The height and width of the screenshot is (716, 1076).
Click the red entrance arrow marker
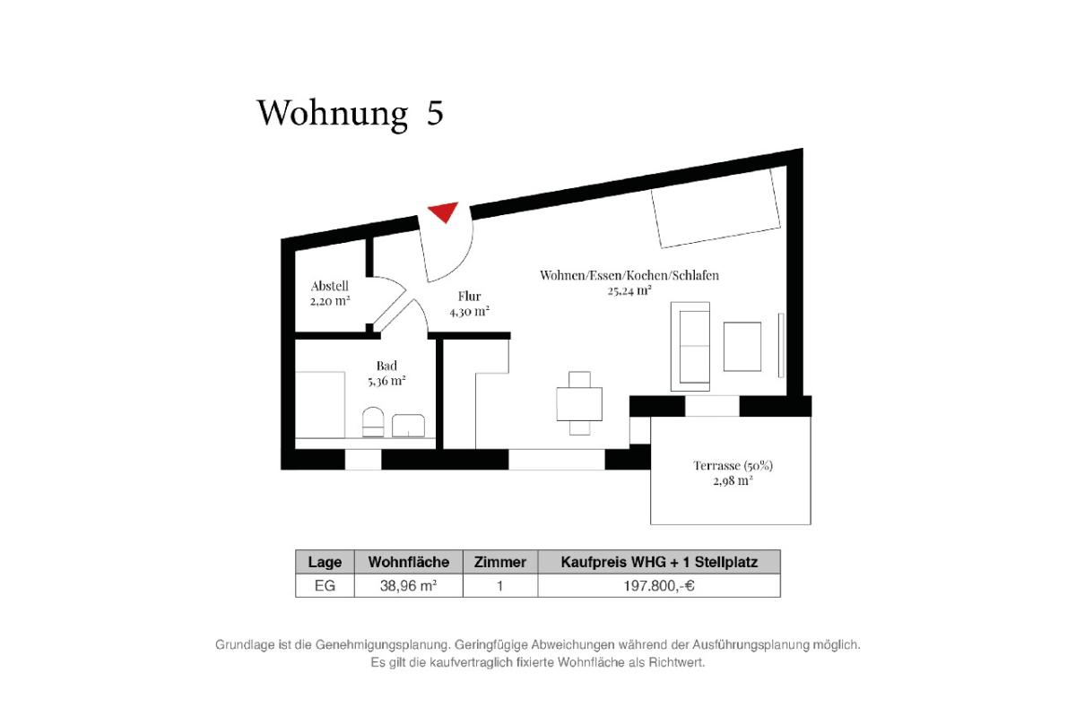point(444,211)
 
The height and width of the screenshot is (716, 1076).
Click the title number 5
point(435,113)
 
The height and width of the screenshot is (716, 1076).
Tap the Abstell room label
point(330,286)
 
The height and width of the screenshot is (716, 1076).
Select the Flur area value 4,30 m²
point(469,312)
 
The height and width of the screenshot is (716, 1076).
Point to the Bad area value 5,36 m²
point(386,381)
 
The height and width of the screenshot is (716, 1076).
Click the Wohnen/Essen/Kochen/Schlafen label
point(629,275)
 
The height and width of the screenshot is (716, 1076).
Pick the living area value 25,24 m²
point(629,290)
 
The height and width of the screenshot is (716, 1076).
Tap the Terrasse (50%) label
point(733,465)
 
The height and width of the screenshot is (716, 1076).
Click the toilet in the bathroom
point(373,422)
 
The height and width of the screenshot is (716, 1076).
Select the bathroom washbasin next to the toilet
point(408,426)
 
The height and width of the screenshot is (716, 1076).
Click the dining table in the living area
point(579,404)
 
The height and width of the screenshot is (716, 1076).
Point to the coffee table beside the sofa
point(742,346)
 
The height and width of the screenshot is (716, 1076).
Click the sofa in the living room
point(690,346)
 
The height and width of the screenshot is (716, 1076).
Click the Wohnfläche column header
point(409,562)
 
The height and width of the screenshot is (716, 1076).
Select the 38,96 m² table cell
point(408,586)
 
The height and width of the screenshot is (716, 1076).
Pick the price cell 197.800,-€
point(659,586)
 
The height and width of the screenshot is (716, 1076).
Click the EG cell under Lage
point(325,586)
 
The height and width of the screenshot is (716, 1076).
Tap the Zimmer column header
point(500,562)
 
